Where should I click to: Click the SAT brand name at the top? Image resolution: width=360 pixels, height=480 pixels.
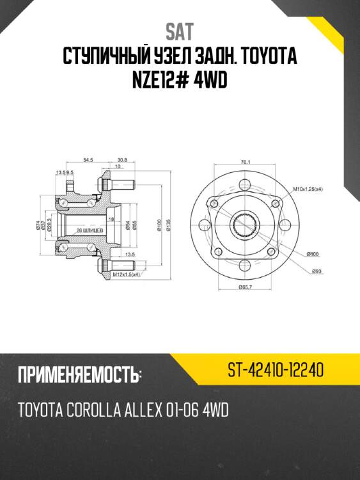[x=180, y=31]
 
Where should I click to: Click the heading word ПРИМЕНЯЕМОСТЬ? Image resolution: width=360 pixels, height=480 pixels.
[x=80, y=374]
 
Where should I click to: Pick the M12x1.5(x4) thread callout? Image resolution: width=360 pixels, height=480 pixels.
[x=127, y=274]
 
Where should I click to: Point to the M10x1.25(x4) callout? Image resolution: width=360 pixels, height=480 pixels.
[x=308, y=189]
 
